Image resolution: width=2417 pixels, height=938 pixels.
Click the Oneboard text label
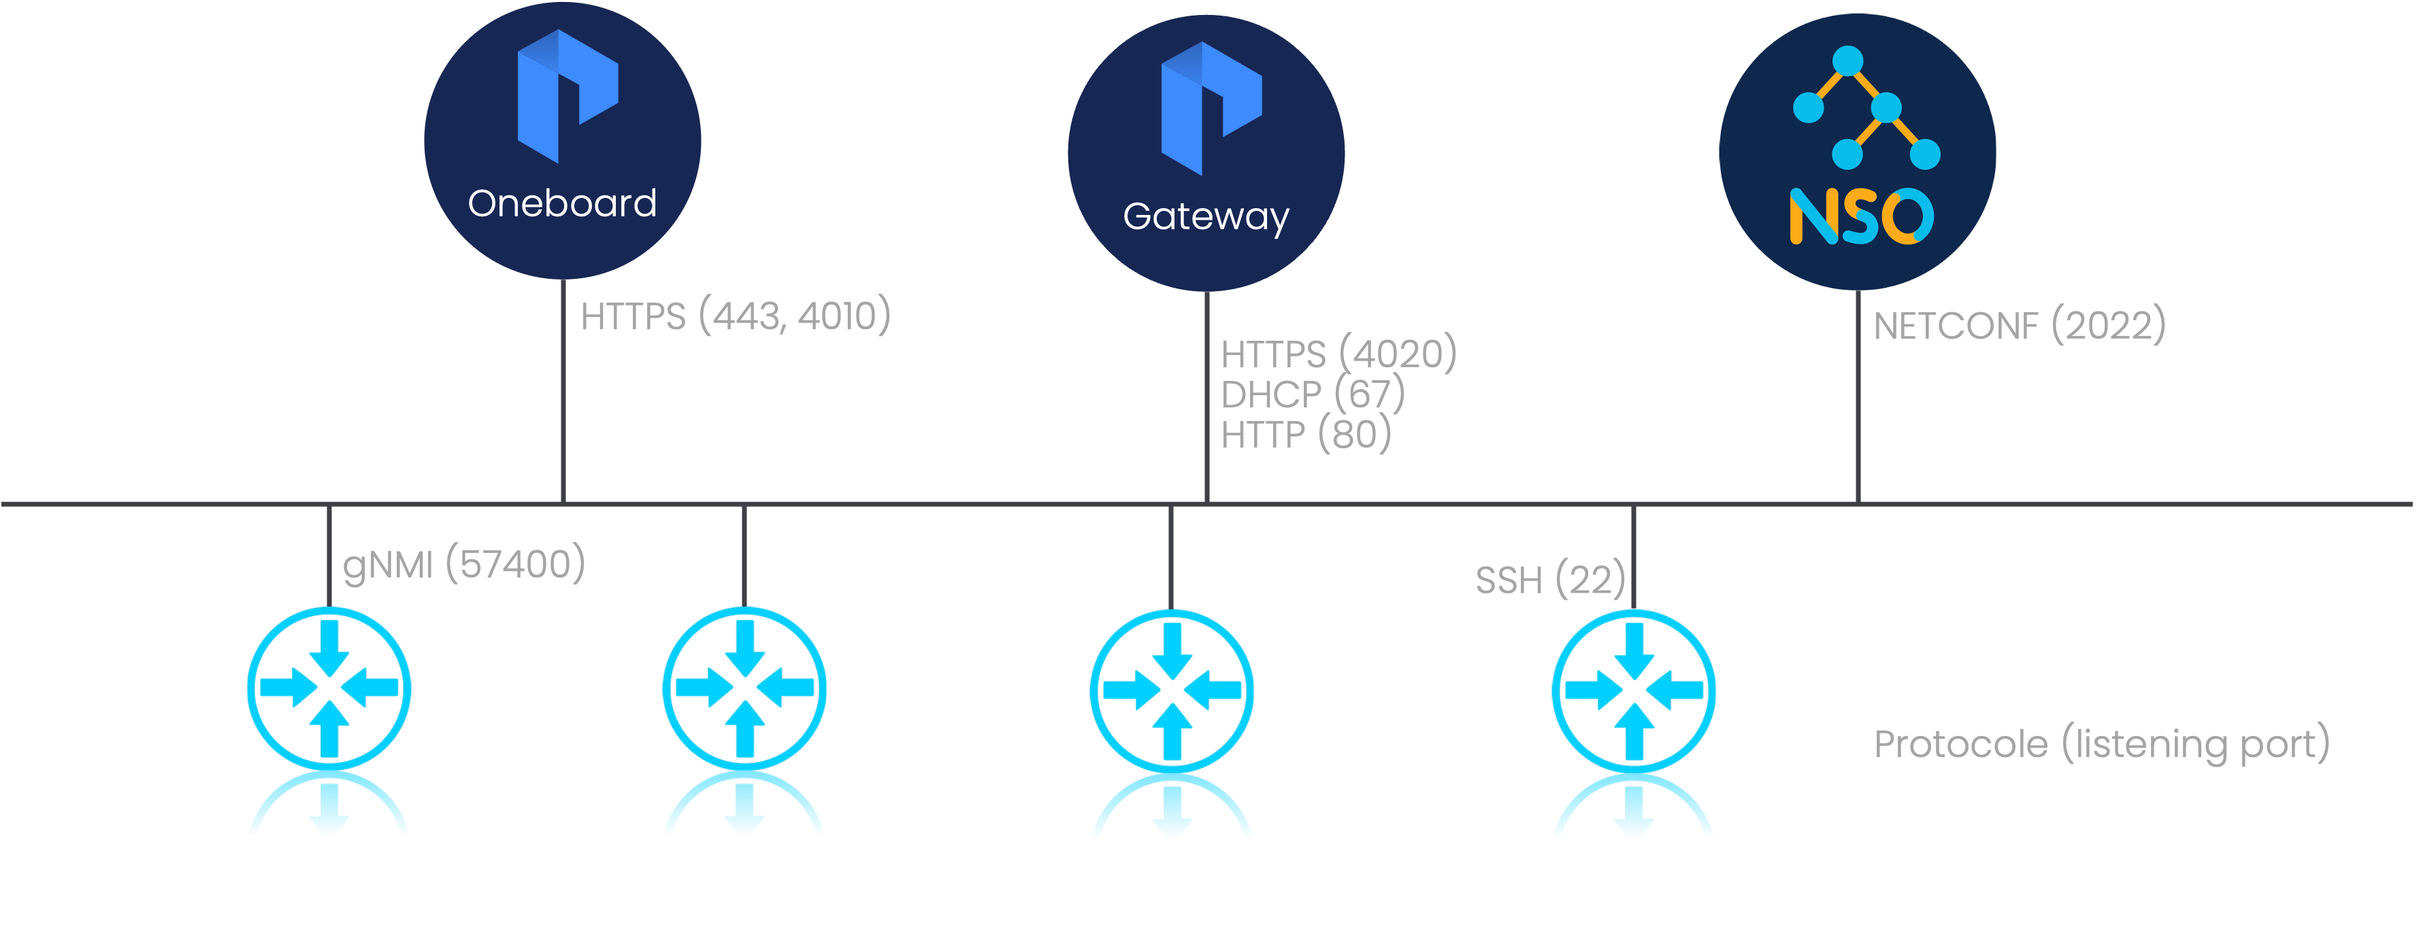coord(562,203)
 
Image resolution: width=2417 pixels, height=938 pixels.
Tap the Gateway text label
coord(1206,217)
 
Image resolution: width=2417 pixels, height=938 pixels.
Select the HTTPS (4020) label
coord(1339,354)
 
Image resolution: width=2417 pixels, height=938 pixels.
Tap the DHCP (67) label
coord(1313,394)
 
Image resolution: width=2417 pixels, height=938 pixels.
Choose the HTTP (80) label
coord(1306,434)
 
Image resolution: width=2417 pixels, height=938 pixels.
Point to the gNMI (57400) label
coord(463,565)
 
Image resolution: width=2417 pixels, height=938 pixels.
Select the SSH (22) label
coord(1550,580)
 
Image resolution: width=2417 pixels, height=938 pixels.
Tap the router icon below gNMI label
coord(329,688)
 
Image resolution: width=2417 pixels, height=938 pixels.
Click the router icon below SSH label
coord(1634,690)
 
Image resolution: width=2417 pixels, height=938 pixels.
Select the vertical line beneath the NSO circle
coord(1858,413)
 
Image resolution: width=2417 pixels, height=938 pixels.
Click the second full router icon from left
coord(744,688)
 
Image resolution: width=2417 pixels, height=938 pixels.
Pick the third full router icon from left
coord(1172,690)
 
